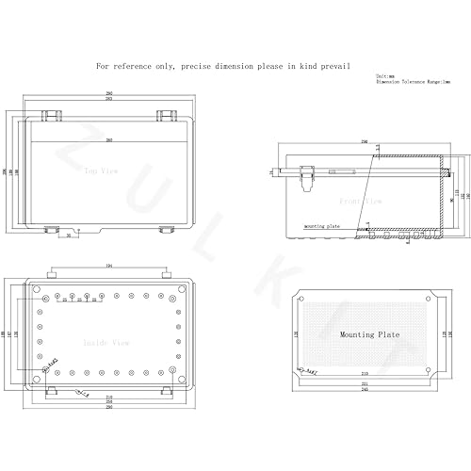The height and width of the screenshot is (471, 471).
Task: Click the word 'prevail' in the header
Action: [336, 67]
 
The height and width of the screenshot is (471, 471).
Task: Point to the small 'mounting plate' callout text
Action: [321, 227]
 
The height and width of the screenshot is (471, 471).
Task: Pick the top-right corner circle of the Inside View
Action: [180, 287]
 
